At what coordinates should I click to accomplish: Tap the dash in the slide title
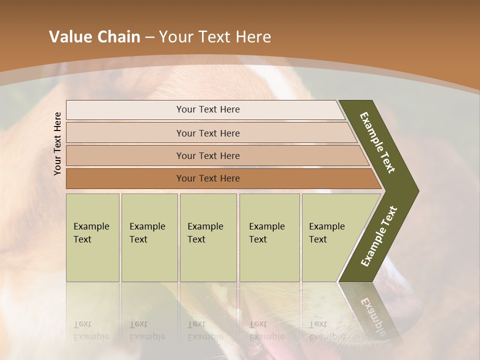(x=149, y=37)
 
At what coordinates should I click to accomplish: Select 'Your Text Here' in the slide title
(x=215, y=37)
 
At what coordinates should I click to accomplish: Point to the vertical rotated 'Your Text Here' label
(x=57, y=144)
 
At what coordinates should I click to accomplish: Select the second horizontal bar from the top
(x=207, y=133)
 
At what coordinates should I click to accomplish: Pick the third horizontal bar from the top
(x=207, y=156)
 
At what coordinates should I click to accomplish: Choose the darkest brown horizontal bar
(x=207, y=178)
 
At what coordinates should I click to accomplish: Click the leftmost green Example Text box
(x=92, y=237)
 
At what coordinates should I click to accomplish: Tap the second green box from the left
(x=149, y=237)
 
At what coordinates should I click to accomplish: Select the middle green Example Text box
(x=208, y=237)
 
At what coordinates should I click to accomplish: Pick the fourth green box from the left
(x=269, y=237)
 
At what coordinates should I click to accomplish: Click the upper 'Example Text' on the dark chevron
(x=377, y=142)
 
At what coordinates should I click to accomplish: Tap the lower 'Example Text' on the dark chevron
(x=379, y=236)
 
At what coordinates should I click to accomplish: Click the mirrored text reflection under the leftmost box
(x=91, y=330)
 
